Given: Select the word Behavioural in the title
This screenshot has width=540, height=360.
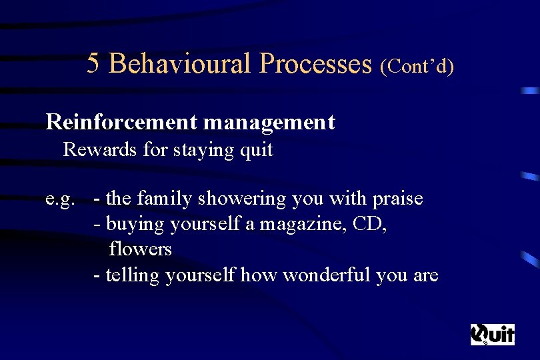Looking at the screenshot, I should (x=180, y=63).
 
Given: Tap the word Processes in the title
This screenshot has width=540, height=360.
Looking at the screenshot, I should (x=315, y=63).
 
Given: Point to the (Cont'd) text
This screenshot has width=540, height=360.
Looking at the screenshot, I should (x=417, y=66).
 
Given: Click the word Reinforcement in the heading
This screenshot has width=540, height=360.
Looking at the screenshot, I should (x=121, y=122).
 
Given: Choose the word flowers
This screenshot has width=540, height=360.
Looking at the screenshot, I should (x=140, y=249).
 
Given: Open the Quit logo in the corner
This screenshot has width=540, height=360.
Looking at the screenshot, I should (x=493, y=334).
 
